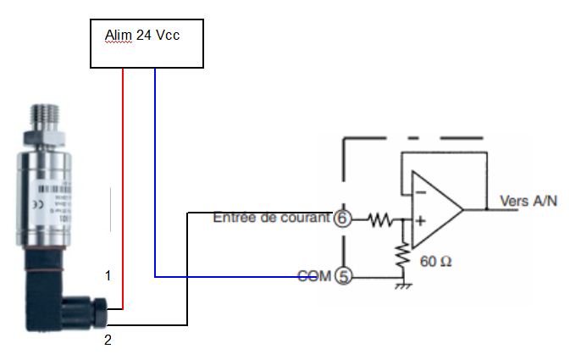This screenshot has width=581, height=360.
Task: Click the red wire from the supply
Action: coord(124,186)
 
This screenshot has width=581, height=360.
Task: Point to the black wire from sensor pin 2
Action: coord(186,271)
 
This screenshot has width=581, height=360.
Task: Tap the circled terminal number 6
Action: coord(343,219)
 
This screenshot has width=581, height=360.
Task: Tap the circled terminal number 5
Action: coord(343,275)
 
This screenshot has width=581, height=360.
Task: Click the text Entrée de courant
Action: coord(271,218)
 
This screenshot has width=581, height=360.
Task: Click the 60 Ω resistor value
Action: coord(435,261)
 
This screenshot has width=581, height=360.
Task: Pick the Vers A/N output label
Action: coord(529,201)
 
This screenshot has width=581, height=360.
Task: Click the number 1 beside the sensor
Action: coord(108,276)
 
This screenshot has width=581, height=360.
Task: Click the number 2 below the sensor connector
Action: coord(108,341)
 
